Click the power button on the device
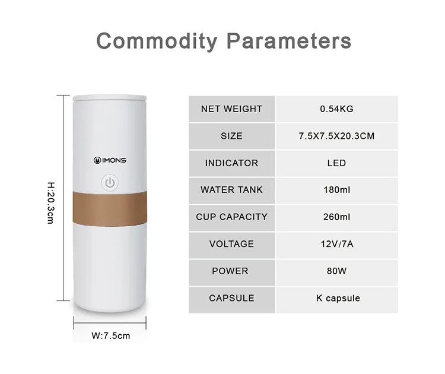[x=110, y=182]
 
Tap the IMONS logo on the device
[x=110, y=160]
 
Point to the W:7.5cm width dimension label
[x=110, y=335]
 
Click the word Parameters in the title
[x=290, y=41]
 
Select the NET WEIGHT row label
[x=231, y=109]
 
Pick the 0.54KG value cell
[x=336, y=109]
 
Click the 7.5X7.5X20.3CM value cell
[x=336, y=136]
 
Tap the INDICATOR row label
[x=231, y=163]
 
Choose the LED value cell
[x=336, y=163]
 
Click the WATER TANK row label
[x=231, y=190]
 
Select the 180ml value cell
[x=336, y=190]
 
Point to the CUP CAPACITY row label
[x=231, y=217]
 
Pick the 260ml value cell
[x=336, y=217]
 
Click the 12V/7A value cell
[x=336, y=244]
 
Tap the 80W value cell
[x=336, y=271]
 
